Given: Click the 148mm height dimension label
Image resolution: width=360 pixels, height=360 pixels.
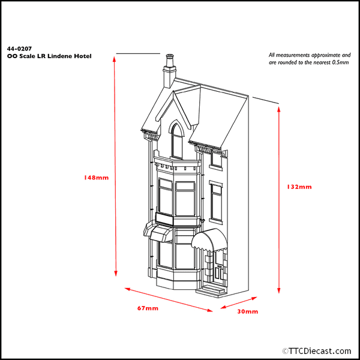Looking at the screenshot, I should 97,178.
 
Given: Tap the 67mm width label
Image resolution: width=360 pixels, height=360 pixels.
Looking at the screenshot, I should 148,308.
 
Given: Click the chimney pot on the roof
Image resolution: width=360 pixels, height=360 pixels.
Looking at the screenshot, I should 169,61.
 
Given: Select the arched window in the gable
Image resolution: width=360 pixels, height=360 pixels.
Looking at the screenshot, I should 177,140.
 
